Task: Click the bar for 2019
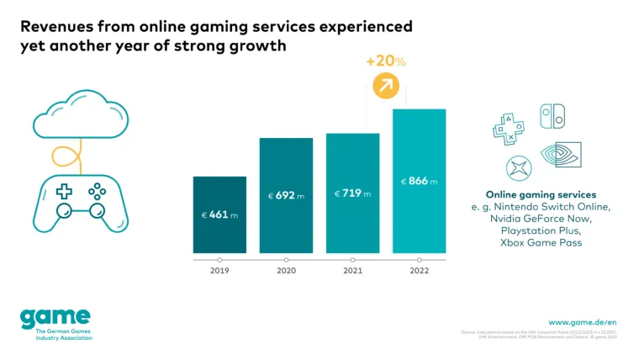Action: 219,214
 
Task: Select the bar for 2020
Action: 286,195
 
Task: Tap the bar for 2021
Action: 352,193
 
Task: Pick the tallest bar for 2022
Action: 419,181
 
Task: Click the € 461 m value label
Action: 219,215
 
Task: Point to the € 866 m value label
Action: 419,181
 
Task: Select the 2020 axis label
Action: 286,271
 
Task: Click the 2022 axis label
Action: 419,271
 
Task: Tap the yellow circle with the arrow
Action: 385,86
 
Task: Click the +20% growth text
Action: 386,61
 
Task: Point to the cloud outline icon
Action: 71,114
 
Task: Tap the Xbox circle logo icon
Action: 517,167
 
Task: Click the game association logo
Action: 55,322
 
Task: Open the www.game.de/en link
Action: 582,321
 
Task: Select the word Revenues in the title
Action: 58,27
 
